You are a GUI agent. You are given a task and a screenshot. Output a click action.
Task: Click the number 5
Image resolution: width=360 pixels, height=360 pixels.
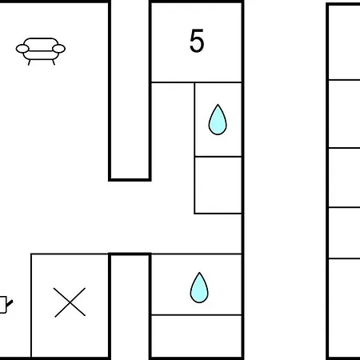197,41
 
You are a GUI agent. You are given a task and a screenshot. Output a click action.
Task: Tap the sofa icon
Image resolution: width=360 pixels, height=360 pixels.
41,51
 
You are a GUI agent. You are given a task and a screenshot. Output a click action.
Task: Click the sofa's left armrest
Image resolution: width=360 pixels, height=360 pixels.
22,49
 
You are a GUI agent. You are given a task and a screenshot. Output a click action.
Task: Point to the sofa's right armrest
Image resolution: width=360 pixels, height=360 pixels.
58,49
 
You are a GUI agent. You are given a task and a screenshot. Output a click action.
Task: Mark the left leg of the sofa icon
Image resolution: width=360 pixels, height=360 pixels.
30,62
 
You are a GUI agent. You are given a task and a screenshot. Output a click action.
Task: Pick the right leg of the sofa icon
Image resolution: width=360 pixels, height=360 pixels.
54,62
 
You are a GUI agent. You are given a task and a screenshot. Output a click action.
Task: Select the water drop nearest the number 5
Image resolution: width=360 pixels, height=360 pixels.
218,119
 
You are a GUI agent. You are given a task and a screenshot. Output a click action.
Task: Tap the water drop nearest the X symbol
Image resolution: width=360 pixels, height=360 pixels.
199,287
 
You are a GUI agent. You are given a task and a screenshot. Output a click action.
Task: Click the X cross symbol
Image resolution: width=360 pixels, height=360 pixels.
70,302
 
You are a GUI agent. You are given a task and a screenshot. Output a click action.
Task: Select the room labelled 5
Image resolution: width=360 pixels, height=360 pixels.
197,42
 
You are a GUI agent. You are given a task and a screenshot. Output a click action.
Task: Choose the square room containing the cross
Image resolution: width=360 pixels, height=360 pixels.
70,306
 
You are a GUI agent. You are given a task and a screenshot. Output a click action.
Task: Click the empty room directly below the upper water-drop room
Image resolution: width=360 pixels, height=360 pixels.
218,185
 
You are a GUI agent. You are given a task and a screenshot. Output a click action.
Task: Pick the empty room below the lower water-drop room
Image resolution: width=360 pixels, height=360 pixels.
197,336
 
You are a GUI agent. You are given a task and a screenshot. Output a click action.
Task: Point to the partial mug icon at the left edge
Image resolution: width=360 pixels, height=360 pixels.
6,304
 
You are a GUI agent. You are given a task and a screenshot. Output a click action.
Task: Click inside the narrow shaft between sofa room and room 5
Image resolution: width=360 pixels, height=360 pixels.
130,90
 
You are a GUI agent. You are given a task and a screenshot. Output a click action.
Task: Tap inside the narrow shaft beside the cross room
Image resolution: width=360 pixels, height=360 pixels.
130,306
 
